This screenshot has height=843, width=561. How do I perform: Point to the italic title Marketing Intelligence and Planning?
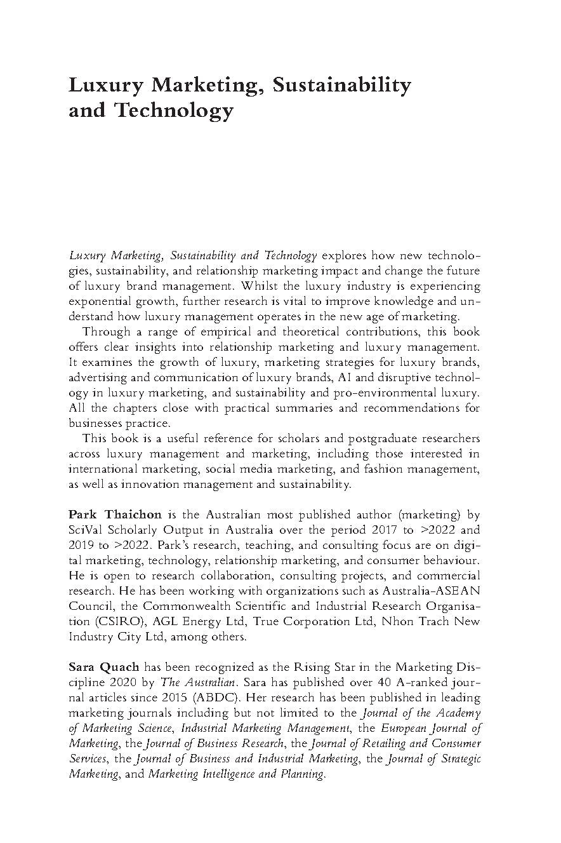click(236, 775)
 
